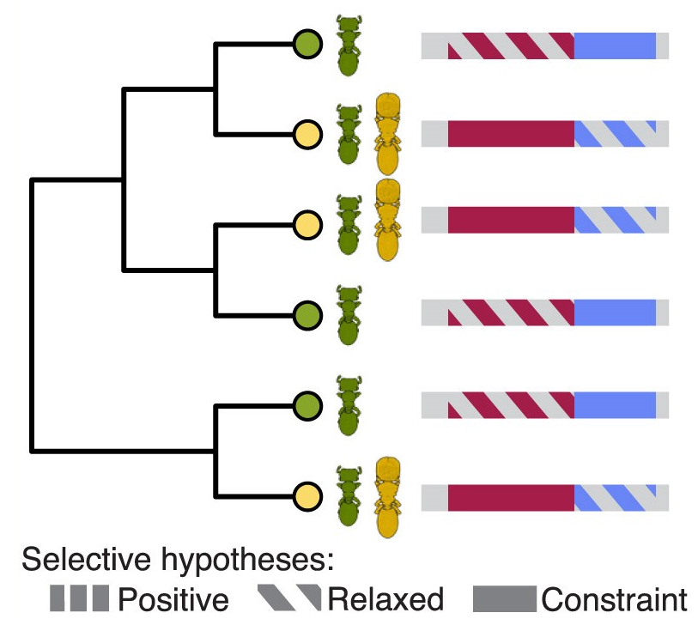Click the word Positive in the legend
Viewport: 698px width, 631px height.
[x=173, y=599]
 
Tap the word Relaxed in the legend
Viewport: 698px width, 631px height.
[x=385, y=599]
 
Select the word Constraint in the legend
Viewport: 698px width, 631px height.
[x=614, y=599]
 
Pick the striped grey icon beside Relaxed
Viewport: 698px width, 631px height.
[x=288, y=598]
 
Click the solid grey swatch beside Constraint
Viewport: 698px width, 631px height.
[x=505, y=599]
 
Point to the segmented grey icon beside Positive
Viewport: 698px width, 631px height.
[x=79, y=598]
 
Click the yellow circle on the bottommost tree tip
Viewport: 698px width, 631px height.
[x=307, y=496]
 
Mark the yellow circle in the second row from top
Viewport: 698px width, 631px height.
[x=307, y=134]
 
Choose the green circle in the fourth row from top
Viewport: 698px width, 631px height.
[x=307, y=314]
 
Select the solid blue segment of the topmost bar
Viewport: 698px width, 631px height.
[x=614, y=46]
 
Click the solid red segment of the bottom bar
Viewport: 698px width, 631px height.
[x=510, y=498]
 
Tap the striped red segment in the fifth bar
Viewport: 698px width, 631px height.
[x=510, y=405]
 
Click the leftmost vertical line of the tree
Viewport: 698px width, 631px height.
[x=33, y=314]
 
